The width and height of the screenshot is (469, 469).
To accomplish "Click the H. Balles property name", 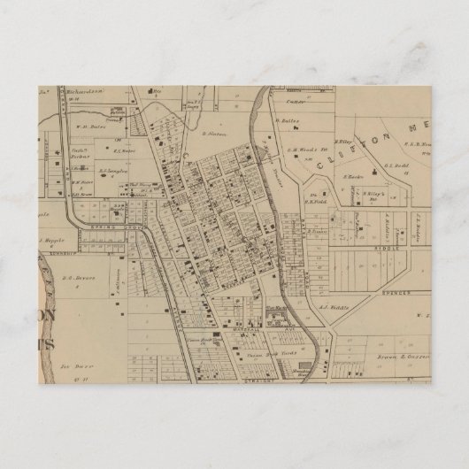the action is tap(288, 119).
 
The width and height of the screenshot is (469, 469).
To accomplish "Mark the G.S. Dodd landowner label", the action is tap(396, 165).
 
